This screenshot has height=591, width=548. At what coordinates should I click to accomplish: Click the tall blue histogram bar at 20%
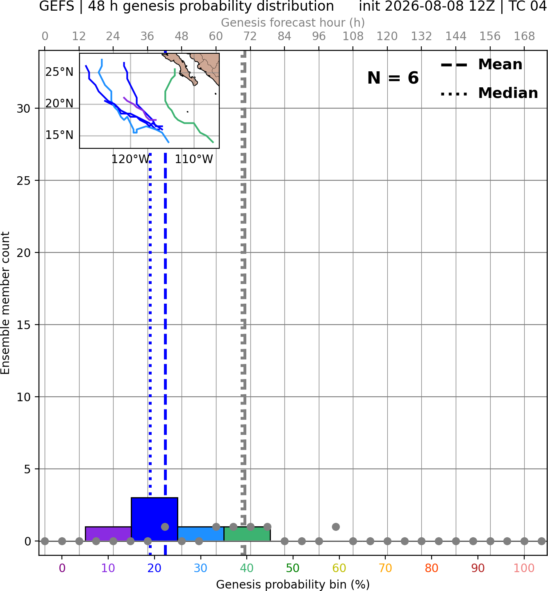pos(155,519)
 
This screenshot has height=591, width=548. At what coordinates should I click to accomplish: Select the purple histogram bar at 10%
pos(108,534)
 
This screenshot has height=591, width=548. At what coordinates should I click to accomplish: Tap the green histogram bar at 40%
pos(247,534)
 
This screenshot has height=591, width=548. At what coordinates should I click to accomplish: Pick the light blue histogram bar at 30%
pos(201,534)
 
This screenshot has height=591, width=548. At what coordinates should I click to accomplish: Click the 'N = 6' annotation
pos(393,78)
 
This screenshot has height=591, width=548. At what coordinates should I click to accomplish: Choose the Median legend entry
pos(489,93)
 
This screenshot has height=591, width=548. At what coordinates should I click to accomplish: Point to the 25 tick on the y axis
pos(23,181)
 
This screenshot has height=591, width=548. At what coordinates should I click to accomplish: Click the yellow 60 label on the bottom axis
pos(339,568)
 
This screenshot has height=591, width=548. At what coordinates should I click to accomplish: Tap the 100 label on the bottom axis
pos(524,568)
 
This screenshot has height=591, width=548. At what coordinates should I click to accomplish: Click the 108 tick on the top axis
pos(353,36)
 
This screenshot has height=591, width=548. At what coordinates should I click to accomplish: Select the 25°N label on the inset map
pos(59,72)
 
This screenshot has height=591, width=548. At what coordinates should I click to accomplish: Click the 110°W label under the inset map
pos(194,159)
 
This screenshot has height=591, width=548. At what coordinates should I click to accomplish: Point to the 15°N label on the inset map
pos(59,135)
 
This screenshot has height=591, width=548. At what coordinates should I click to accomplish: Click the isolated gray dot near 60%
pos(336,527)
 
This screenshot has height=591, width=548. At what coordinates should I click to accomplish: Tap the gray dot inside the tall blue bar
pos(165,527)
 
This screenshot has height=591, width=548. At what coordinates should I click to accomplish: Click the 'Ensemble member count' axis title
pos(5,303)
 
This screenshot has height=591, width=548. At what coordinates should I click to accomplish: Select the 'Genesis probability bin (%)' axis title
pos(293,584)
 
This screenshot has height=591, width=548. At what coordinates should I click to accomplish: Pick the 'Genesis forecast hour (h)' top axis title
pos(293,23)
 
